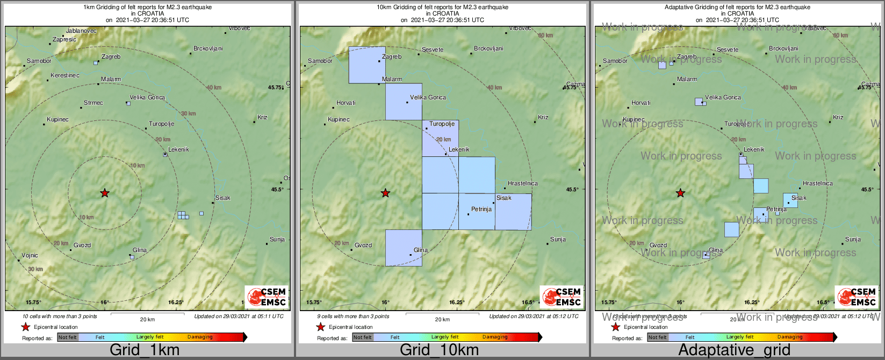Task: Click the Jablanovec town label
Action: tap(81, 31)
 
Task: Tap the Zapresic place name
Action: tap(64, 39)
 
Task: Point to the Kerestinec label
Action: tap(64, 75)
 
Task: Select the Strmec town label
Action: tap(93, 103)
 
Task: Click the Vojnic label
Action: tap(30, 256)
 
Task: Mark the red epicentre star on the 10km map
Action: tap(385, 193)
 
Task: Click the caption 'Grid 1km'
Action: tap(145, 350)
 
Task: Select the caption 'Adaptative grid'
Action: tap(734, 350)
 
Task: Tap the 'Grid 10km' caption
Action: tap(439, 350)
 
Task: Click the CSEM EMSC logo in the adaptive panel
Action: tap(856, 297)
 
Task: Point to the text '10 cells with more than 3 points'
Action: tap(60, 316)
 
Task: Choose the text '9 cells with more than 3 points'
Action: tap(353, 316)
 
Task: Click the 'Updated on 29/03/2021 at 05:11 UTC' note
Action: tap(239, 316)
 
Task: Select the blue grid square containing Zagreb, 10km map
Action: tap(367, 65)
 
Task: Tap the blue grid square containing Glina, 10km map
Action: tap(404, 248)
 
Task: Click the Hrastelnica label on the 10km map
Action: tap(522, 183)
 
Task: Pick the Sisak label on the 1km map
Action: tap(222, 198)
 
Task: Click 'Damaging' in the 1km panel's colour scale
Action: tap(200, 337)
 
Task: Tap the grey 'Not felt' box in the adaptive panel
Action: tap(657, 337)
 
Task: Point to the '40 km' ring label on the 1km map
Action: tap(214, 88)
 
